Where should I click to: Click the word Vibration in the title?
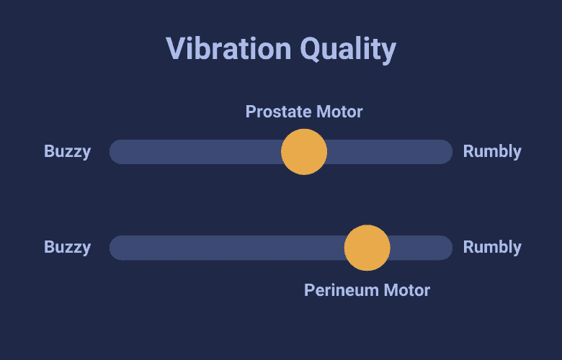click(228, 48)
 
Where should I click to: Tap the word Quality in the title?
click(348, 50)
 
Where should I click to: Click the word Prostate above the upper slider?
click(279, 112)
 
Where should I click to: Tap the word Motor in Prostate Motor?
click(339, 112)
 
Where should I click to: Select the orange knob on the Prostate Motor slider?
click(304, 152)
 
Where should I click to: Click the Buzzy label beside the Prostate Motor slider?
click(68, 152)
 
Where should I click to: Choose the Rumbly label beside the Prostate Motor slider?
click(492, 152)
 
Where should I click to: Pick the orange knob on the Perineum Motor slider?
click(367, 248)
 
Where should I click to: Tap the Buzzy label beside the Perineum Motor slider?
click(68, 248)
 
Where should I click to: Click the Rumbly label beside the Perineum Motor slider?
click(492, 248)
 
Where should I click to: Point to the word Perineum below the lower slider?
click(342, 290)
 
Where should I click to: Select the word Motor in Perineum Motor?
click(407, 290)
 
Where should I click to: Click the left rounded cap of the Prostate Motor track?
click(115, 152)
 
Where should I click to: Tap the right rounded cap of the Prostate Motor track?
click(447, 152)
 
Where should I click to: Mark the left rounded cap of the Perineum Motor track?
click(115, 248)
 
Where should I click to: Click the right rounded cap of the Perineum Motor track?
click(447, 248)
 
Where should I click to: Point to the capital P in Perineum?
click(308, 290)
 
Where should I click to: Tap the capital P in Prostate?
click(250, 112)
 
